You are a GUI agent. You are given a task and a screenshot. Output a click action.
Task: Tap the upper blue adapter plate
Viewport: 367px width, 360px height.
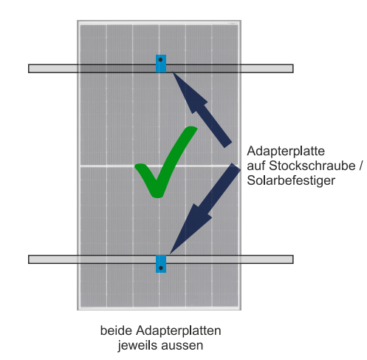161,64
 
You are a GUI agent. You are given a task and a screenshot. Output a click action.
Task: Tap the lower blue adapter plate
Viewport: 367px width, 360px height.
161,264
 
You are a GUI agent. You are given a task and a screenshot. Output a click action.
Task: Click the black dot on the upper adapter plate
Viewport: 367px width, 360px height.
160,60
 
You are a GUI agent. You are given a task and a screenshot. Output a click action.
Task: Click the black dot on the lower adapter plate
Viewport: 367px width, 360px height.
161,268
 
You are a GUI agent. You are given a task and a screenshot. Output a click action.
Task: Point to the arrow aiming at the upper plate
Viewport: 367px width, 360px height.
202,109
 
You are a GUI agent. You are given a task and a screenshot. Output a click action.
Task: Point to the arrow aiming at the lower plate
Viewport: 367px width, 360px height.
205,208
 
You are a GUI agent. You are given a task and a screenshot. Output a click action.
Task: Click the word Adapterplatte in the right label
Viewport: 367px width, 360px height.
286,151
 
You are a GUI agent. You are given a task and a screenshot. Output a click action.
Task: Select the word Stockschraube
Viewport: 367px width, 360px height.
312,166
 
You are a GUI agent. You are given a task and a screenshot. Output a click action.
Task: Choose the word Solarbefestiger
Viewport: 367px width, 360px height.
291,180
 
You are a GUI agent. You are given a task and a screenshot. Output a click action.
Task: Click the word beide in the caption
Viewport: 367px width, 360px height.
116,330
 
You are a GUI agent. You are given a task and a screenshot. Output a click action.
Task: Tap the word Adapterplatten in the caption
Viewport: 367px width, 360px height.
178,331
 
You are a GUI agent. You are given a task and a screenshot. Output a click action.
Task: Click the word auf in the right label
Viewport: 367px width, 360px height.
256,166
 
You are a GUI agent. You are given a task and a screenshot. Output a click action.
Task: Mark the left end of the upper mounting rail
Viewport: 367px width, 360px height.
29,69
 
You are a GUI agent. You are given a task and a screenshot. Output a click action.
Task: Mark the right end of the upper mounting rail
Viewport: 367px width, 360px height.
293,69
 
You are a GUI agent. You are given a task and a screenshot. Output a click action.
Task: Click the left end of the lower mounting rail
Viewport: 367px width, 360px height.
29,259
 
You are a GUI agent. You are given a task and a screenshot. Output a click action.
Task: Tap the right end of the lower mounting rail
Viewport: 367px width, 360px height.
293,259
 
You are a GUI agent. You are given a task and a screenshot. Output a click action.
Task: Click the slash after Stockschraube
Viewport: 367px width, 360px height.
360,166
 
